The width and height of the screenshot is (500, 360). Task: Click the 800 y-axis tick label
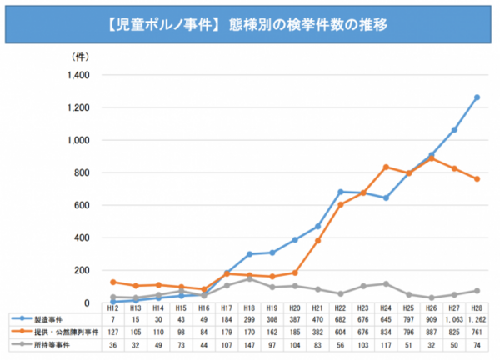81,172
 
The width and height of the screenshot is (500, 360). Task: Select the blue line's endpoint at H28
477,97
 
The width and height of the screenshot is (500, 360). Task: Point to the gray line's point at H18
250,278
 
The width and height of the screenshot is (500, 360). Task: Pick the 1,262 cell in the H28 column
477,319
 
